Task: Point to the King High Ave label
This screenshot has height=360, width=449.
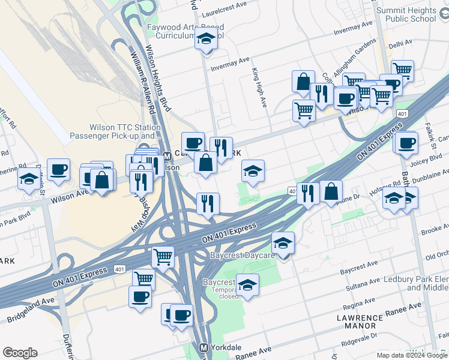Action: tap(259, 88)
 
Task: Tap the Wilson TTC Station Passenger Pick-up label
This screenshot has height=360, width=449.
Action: tap(125, 131)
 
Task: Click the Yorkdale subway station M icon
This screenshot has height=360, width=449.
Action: tap(204, 347)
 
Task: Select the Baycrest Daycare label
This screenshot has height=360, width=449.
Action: tap(242, 255)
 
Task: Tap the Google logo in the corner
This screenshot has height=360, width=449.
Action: tap(20, 353)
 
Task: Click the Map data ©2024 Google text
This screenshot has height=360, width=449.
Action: tap(412, 355)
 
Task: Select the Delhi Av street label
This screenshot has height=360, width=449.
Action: tap(400, 43)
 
